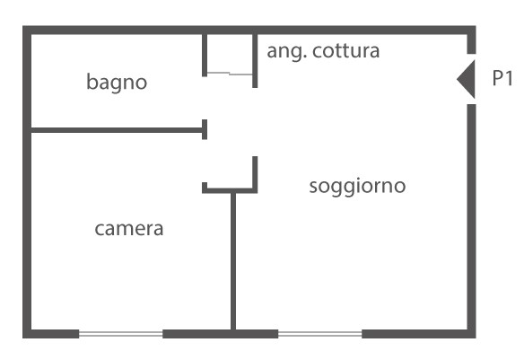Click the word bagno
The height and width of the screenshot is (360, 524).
pyautogui.click(x=117, y=83)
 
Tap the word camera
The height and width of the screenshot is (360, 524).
pyautogui.click(x=129, y=229)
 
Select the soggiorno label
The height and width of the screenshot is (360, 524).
pyautogui.click(x=357, y=187)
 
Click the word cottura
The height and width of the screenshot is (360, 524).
pyautogui.click(x=345, y=51)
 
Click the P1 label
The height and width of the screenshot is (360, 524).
pyautogui.click(x=502, y=78)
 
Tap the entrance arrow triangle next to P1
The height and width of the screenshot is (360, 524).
pyautogui.click(x=466, y=79)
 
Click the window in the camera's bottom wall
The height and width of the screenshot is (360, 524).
pyautogui.click(x=120, y=334)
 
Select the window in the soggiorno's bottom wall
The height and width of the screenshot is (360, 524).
pyautogui.click(x=319, y=334)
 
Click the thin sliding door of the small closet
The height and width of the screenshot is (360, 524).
pyautogui.click(x=230, y=74)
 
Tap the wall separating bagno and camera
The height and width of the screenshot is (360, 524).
pyautogui.click(x=117, y=130)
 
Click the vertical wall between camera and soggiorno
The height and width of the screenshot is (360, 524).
pyautogui.click(x=233, y=261)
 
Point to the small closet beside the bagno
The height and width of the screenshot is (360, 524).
pyautogui.click(x=230, y=54)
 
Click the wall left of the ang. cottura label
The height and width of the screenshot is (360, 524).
pyautogui.click(x=255, y=61)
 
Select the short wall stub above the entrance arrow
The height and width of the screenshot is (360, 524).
pyautogui.click(x=471, y=43)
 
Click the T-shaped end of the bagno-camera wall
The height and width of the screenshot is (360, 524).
pyautogui.click(x=205, y=129)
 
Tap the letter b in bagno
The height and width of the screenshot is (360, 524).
pyautogui.click(x=91, y=82)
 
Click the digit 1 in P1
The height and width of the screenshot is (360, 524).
pyautogui.click(x=508, y=78)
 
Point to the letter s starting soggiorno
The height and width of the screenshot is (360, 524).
pyautogui.click(x=313, y=187)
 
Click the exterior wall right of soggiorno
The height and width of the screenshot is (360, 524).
pyautogui.click(x=471, y=216)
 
